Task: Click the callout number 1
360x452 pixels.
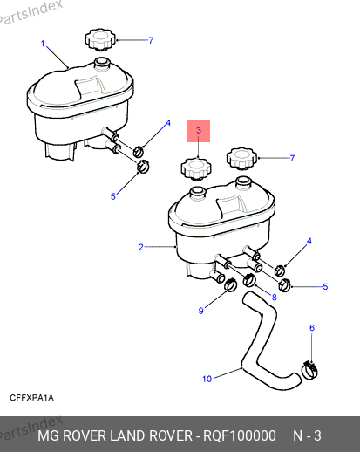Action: tap(43, 44)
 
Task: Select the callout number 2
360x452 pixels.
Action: tap(141, 247)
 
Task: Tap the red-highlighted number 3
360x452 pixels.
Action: tap(199, 130)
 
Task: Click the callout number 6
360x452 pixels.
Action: tap(312, 328)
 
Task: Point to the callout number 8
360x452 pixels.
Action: tap(274, 298)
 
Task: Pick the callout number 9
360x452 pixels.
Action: tap(200, 311)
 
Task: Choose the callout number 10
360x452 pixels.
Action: tap(207, 379)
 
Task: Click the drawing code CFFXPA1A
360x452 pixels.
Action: tap(31, 398)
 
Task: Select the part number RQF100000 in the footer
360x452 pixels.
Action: tap(240, 435)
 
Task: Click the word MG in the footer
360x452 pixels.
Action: tap(48, 435)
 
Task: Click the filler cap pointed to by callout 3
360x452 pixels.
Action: tap(196, 168)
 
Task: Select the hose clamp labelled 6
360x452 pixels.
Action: tap(309, 370)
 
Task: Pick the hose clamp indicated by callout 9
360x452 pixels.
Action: tap(231, 284)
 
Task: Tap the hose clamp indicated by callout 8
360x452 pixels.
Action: tap(249, 280)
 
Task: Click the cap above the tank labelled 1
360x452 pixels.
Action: tap(100, 39)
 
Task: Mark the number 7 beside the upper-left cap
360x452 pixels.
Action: tap(151, 40)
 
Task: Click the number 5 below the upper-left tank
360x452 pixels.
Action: tap(113, 196)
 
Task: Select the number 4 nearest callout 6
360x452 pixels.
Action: tap(309, 241)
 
